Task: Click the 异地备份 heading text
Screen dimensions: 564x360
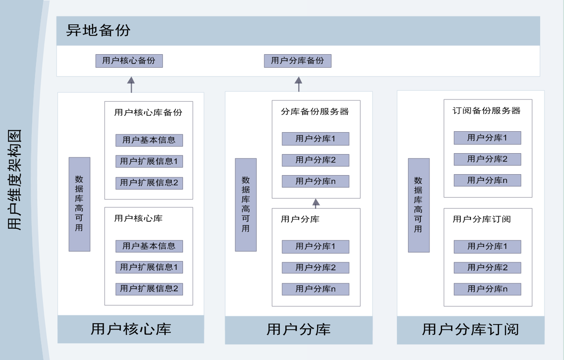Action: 98,30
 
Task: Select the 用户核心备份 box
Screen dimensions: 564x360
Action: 129,61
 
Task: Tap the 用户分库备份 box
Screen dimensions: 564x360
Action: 297,61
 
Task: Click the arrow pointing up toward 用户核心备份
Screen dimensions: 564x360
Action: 131,85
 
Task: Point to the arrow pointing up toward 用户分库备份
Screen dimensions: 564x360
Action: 298,85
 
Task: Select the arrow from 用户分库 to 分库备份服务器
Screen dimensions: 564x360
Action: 316,204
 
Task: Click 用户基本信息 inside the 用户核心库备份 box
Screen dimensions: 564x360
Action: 149,140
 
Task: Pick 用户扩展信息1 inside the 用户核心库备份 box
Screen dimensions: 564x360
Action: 149,162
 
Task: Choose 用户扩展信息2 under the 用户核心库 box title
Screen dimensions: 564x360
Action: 149,289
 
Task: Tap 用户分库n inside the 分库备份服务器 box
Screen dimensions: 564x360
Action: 316,181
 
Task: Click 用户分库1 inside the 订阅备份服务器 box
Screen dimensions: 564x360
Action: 487,138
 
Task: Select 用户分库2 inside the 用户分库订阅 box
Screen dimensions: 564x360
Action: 487,268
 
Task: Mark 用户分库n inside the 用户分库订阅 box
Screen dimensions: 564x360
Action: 487,289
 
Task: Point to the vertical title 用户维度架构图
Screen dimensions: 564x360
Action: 14,180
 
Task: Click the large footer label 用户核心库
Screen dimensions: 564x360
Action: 131,329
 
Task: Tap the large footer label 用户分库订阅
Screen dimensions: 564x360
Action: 470,329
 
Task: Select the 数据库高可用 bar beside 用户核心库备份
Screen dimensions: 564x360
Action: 79,205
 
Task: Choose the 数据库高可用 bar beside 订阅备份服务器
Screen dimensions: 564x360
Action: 419,205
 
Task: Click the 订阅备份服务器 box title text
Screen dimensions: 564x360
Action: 486,111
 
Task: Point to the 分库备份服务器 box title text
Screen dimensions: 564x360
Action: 315,112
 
